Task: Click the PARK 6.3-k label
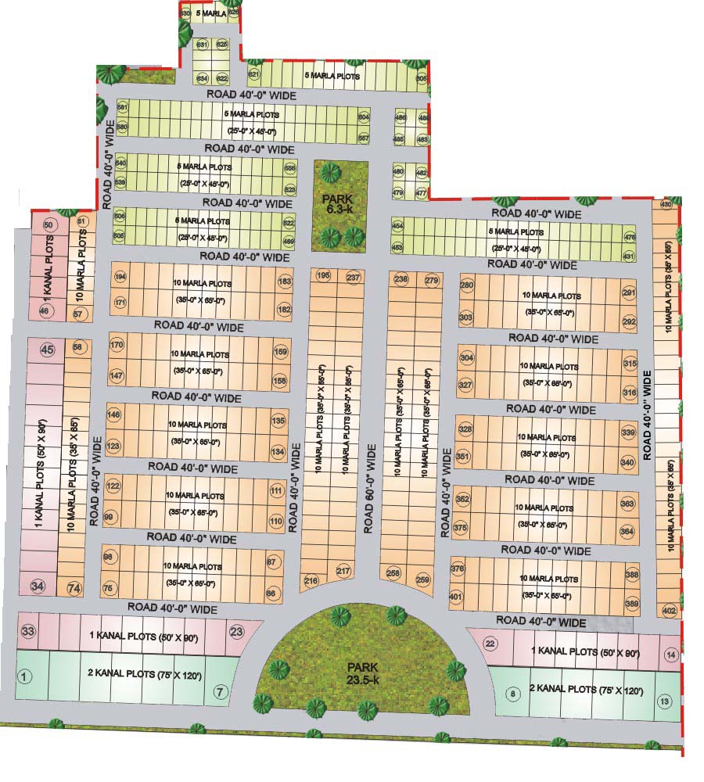click(x=339, y=204)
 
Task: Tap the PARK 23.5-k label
click(x=364, y=673)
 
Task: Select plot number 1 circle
click(x=24, y=676)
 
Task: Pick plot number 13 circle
click(x=664, y=701)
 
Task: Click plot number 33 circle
click(x=28, y=631)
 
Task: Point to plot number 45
click(x=47, y=350)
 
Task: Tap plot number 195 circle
click(x=323, y=276)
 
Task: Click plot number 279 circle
click(x=431, y=280)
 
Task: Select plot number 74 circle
click(x=74, y=588)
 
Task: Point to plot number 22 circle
click(x=490, y=644)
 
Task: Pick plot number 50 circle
click(x=48, y=225)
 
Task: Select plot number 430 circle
click(x=666, y=205)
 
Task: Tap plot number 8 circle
click(x=513, y=693)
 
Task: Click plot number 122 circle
click(x=113, y=486)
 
